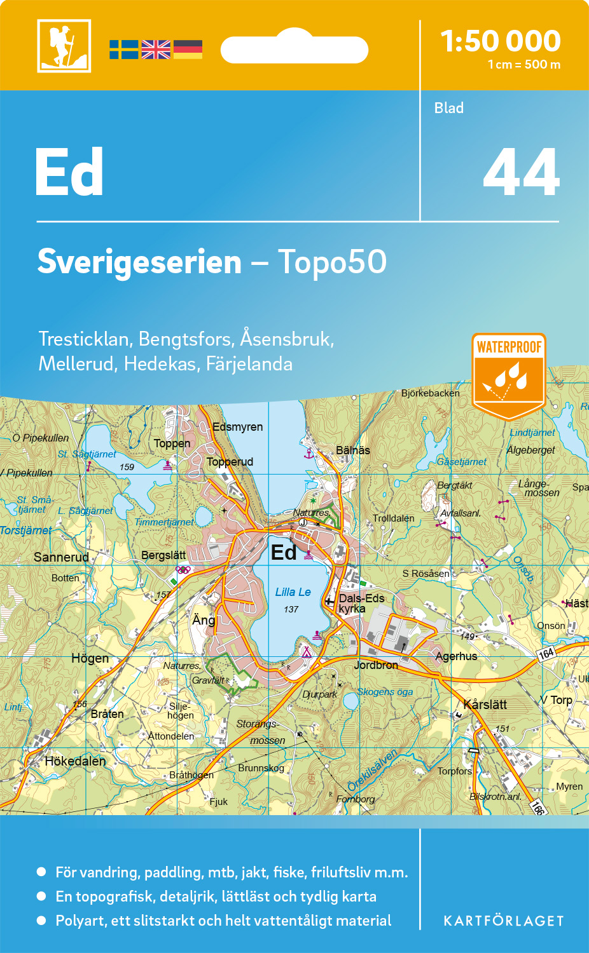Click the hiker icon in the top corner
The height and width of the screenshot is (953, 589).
point(64,46)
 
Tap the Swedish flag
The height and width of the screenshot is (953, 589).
point(123,50)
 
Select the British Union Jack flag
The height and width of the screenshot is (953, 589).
point(156,50)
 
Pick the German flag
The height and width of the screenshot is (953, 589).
point(188,50)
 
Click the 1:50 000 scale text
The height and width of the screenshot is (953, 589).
point(501,41)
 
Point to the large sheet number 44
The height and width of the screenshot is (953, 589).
point(521,173)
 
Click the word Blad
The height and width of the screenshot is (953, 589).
point(449,108)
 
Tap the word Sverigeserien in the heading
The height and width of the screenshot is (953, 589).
point(139,262)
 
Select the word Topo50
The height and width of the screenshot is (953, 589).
point(332,262)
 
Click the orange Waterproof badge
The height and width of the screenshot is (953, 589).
point(509,375)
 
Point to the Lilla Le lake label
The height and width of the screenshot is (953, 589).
point(293,592)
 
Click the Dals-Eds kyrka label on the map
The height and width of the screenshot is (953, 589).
point(361,604)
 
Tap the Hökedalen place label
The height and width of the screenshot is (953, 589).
point(75,761)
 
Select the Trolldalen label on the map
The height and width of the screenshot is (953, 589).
point(393,518)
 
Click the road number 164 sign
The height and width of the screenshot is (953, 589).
point(546,654)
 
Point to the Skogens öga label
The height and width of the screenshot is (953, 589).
point(385,692)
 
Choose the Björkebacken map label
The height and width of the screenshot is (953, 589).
point(430,393)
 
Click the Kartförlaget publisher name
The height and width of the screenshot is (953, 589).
point(504,921)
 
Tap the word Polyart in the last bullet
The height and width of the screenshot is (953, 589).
point(80,921)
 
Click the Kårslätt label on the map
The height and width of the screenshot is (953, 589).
point(485,705)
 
